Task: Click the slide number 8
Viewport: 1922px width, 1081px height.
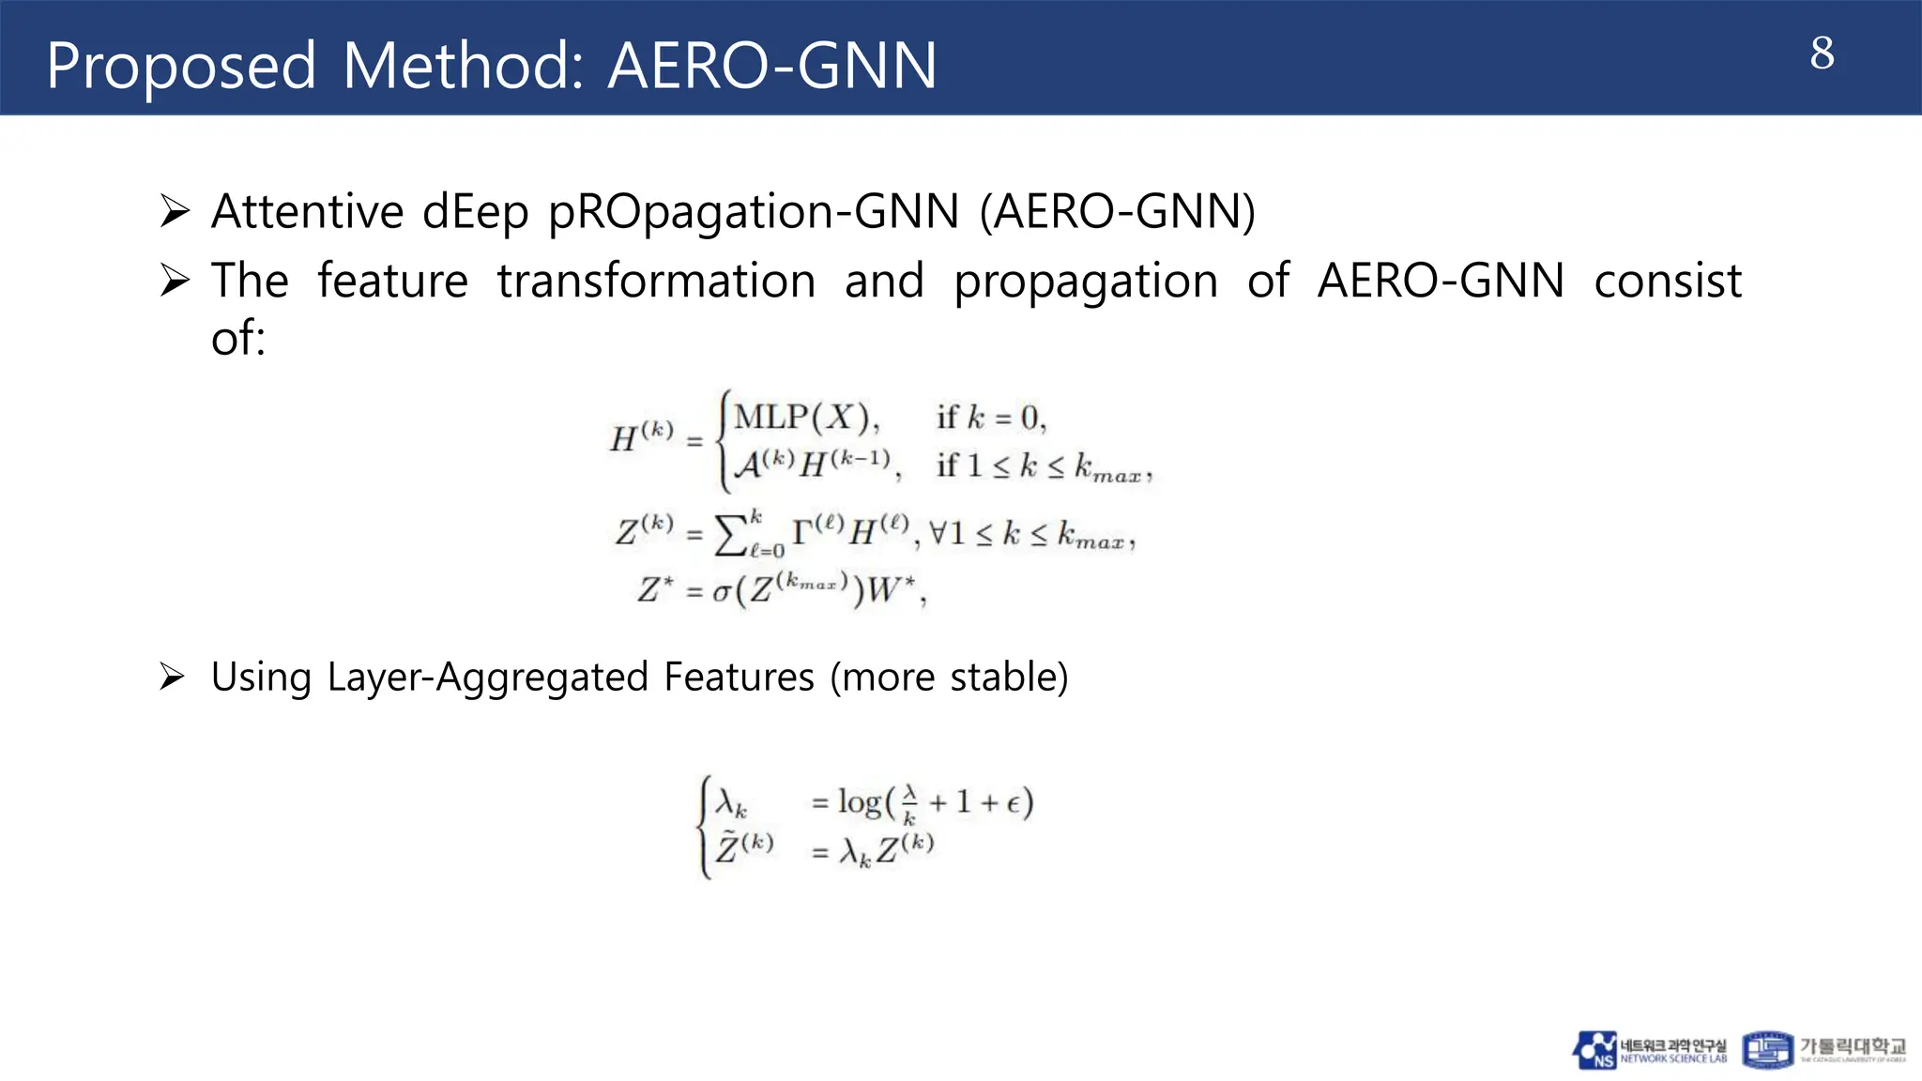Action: click(1822, 53)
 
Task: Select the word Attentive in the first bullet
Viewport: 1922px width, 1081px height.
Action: click(308, 211)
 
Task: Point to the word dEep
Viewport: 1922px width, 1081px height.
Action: click(476, 213)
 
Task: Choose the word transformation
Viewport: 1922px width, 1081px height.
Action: click(656, 281)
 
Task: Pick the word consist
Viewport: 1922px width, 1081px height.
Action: click(1668, 281)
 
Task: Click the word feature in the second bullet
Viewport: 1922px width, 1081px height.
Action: click(392, 281)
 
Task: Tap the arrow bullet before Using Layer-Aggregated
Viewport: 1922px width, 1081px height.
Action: click(173, 677)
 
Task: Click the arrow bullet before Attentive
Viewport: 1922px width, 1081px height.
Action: click(175, 211)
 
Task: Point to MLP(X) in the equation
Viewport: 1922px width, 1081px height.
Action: click(806, 417)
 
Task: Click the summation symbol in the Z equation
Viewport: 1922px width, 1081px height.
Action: click(730, 536)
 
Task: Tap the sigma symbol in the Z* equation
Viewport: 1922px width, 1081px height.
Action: click(722, 592)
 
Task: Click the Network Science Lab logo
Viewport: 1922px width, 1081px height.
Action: click(1649, 1050)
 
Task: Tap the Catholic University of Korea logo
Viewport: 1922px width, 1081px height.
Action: click(1824, 1050)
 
